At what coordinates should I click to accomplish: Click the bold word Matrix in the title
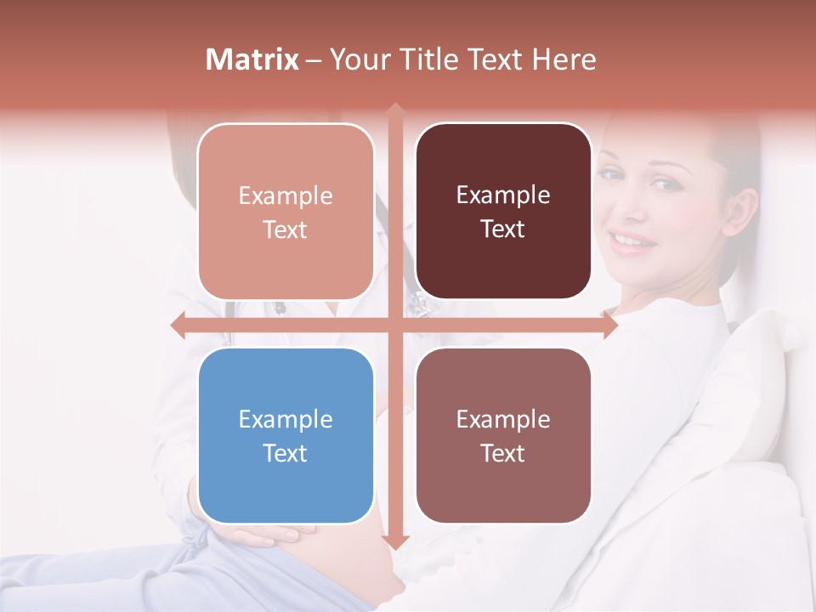(252, 59)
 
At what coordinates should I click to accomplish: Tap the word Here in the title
(564, 59)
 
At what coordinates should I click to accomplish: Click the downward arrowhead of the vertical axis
(394, 542)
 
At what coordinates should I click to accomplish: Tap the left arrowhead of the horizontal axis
(178, 325)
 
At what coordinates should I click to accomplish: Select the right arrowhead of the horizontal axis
(610, 325)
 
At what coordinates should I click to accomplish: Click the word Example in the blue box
(286, 419)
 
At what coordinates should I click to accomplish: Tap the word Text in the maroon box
(503, 229)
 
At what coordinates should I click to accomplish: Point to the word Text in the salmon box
(286, 229)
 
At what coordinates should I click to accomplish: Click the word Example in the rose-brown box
(503, 419)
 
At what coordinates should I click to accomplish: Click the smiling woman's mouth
(633, 241)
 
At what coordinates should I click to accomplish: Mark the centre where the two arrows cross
(394, 325)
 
